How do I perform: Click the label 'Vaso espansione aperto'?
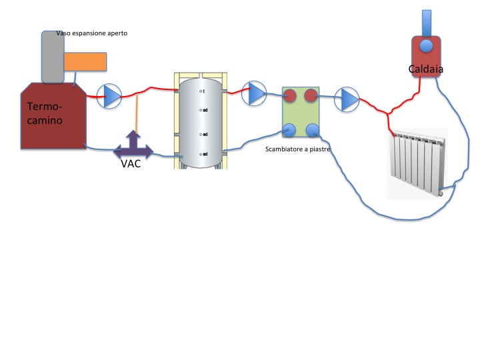(91, 33)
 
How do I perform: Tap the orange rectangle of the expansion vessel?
(85, 61)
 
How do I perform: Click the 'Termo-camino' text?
(45, 114)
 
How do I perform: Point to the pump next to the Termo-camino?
(109, 97)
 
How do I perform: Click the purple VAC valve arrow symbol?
(133, 146)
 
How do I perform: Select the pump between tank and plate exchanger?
(254, 93)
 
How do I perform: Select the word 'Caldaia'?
(426, 69)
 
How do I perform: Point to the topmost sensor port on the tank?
(201, 91)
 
